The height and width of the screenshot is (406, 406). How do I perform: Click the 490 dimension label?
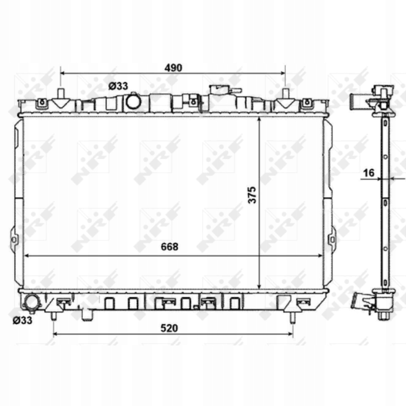(173, 68)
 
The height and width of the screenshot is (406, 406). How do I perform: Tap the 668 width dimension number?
(170, 247)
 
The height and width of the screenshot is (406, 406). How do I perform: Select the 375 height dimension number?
(252, 195)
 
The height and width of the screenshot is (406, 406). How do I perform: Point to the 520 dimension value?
(170, 328)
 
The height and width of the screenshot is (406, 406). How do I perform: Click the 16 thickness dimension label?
(369, 173)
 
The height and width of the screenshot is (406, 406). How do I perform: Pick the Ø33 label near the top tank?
(118, 86)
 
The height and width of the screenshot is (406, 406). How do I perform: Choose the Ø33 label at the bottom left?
(23, 320)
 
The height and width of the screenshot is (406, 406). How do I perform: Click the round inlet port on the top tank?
(133, 102)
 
